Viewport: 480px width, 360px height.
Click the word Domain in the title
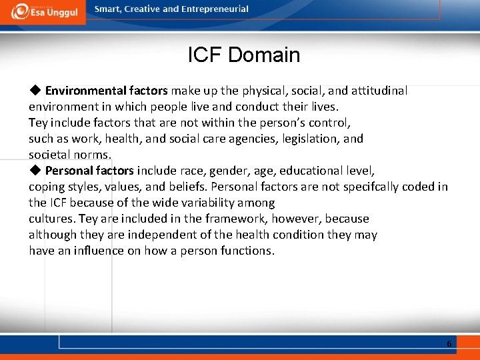point(264,55)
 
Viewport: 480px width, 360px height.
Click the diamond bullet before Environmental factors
point(35,90)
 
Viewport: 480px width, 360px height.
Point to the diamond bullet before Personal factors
point(35,171)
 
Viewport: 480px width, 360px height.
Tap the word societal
point(49,155)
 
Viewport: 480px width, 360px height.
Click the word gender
point(227,171)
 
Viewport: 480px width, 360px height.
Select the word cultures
point(51,219)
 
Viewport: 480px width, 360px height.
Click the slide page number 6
point(449,343)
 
